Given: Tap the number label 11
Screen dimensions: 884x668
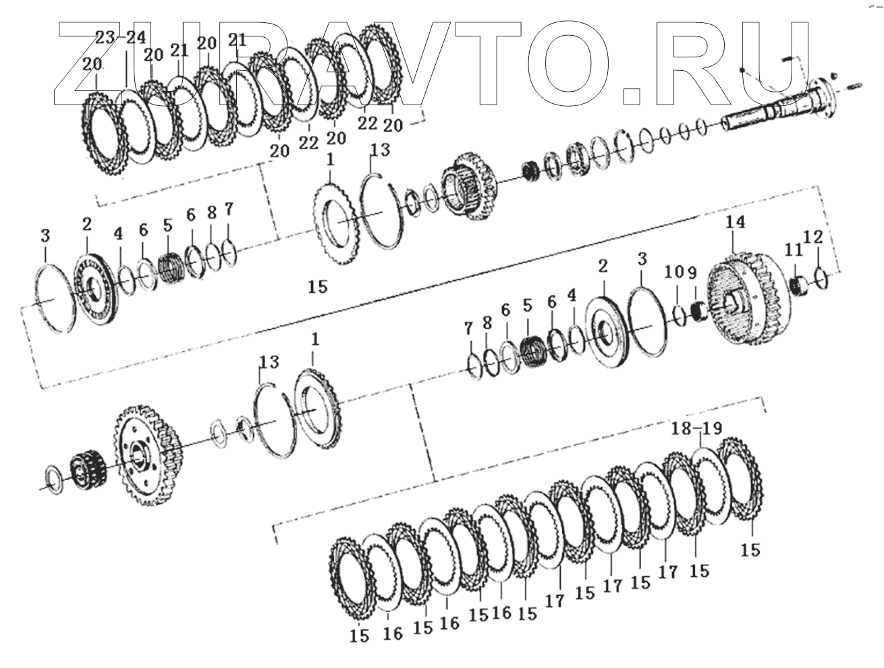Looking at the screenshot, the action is click(x=794, y=250).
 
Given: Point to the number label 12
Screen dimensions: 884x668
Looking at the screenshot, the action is click(x=814, y=238).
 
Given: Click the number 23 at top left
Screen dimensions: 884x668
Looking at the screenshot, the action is click(x=105, y=38).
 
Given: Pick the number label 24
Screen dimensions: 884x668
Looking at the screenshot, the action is click(x=136, y=38).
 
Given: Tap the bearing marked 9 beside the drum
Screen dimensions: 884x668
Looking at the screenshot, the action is click(x=699, y=312).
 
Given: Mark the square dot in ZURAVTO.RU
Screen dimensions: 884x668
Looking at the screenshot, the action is click(x=631, y=94).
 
